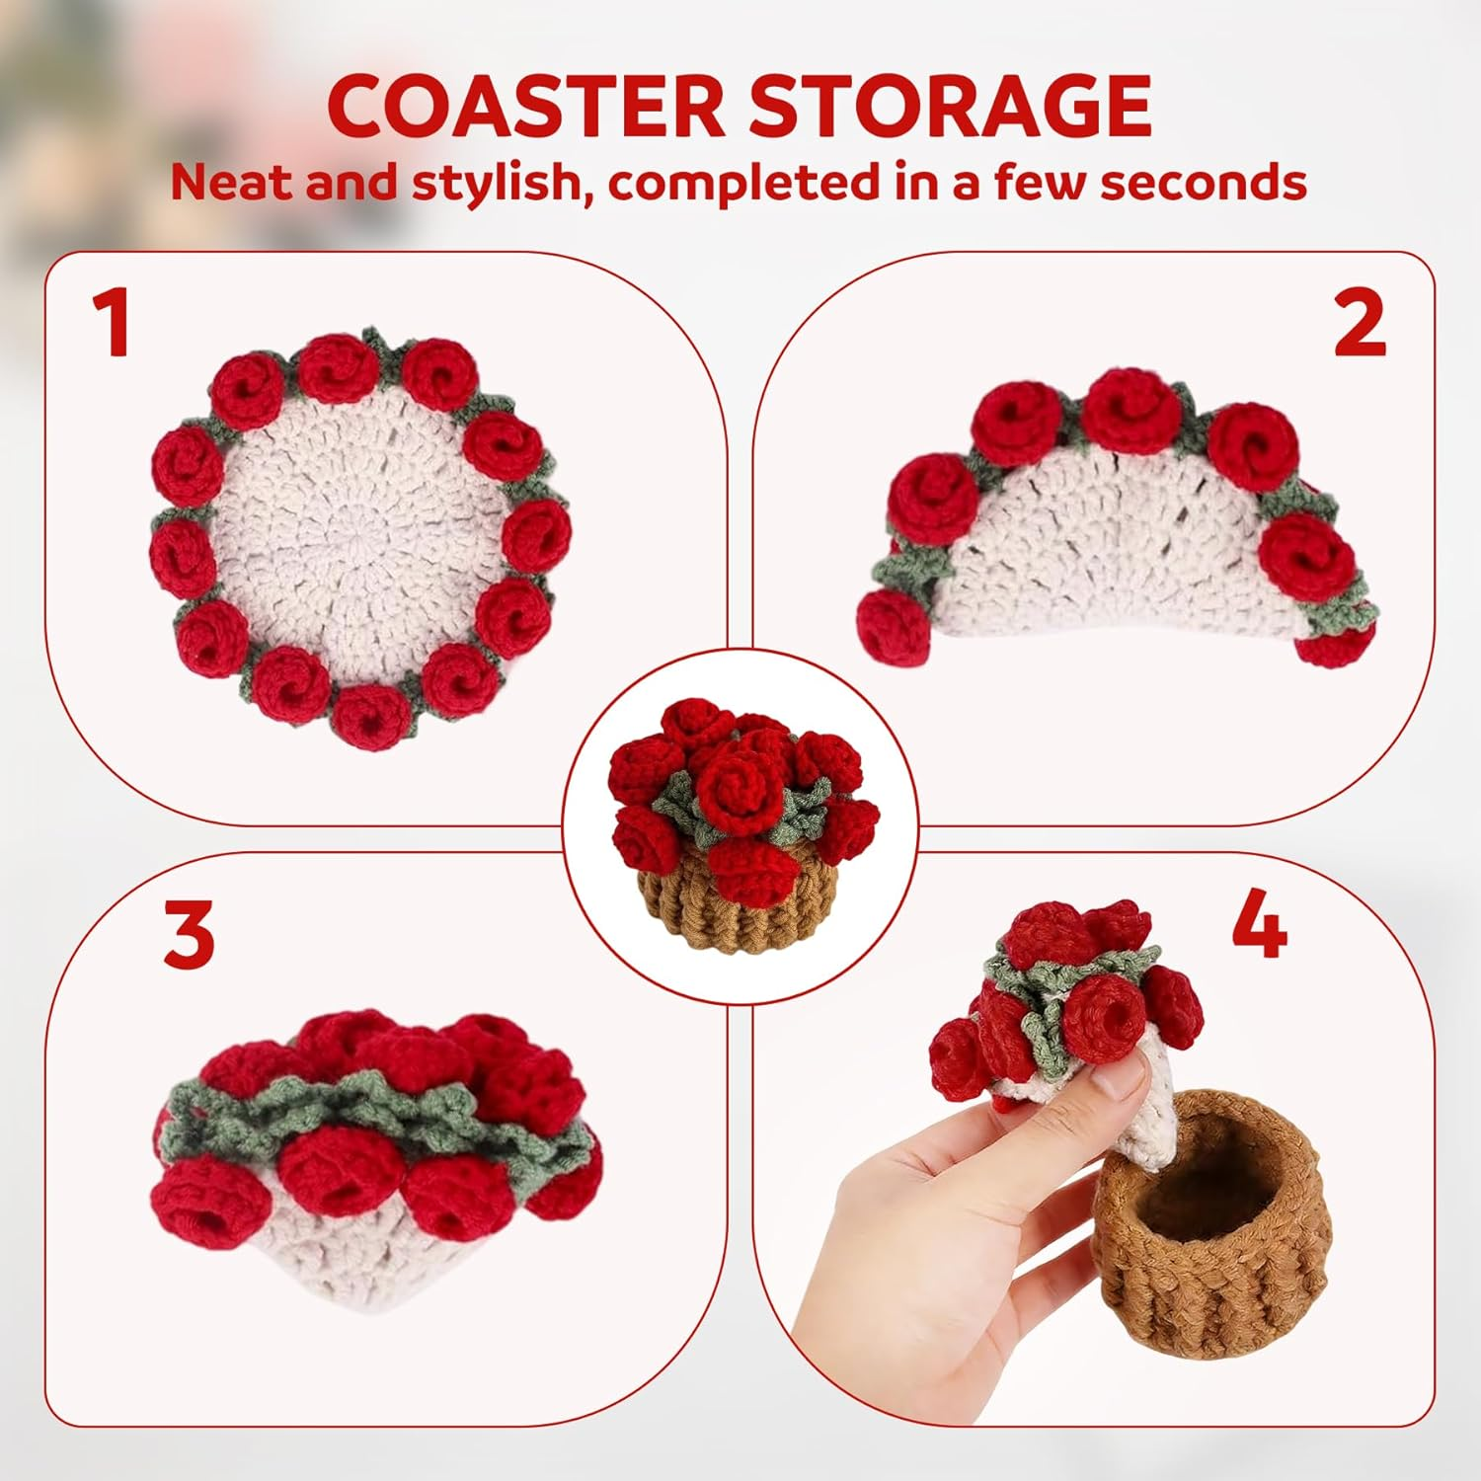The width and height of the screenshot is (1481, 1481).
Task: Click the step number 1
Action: click(112, 322)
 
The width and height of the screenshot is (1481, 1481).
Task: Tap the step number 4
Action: click(1260, 922)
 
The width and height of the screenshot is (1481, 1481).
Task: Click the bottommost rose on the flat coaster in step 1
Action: click(370, 716)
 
